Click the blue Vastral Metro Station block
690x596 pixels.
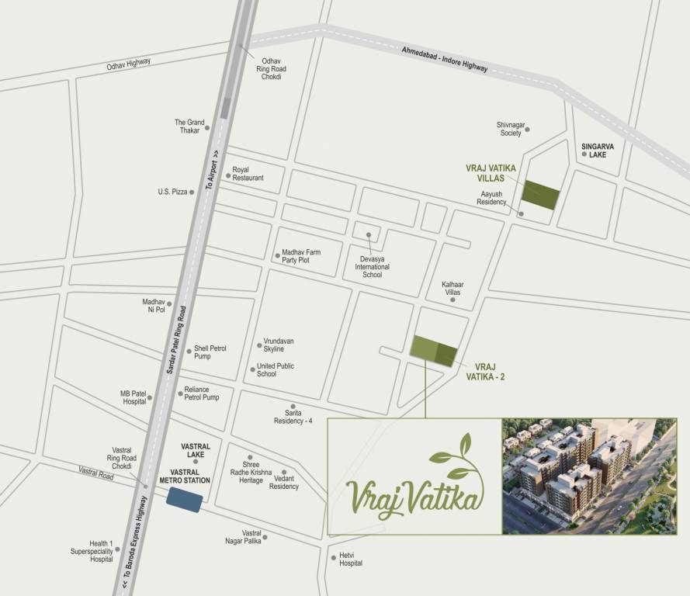coord(185,501)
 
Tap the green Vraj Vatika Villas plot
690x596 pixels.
coord(540,195)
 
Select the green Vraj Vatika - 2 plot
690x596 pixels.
coord(434,351)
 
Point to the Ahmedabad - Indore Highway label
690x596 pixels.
coord(445,59)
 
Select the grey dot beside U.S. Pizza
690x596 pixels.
coord(192,192)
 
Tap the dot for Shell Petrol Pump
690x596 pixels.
coord(189,351)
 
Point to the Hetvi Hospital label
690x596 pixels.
coord(351,559)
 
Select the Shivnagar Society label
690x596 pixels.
coord(510,128)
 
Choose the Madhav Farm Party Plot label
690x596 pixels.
coord(300,256)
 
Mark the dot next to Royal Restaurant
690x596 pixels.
coord(228,175)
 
